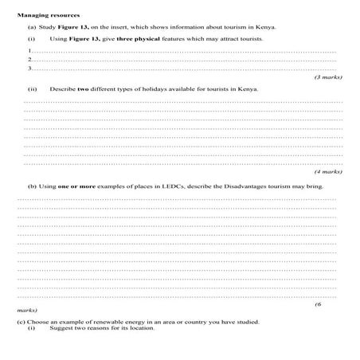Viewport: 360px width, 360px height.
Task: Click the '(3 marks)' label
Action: point(327,78)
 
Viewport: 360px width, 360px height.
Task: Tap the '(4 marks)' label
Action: point(327,170)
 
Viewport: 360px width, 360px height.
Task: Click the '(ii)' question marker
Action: point(32,89)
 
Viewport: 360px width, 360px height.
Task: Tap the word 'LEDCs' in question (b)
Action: point(147,186)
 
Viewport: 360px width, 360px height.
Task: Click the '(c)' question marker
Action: point(21,321)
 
